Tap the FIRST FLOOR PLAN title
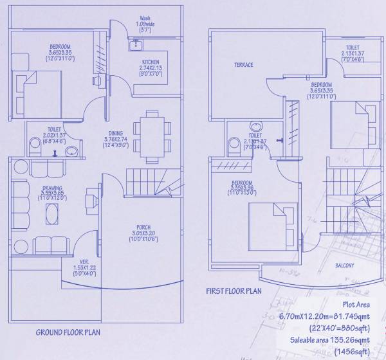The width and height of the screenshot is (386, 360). point(234,291)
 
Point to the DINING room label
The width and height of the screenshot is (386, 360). point(116,134)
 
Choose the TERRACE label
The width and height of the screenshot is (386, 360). point(244,65)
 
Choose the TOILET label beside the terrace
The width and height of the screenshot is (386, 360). point(352,48)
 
